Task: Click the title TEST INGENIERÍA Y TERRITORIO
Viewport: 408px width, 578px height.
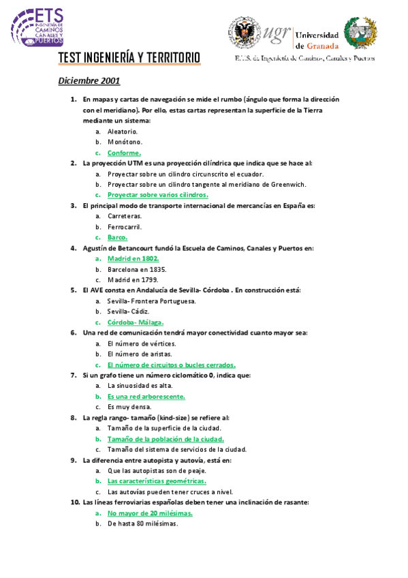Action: [x=129, y=59]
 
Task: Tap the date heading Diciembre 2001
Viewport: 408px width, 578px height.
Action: [x=89, y=81]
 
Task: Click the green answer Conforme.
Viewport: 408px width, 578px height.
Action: [x=124, y=153]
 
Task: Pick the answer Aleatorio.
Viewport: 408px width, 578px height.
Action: [x=123, y=132]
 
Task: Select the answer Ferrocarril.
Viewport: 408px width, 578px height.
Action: [x=125, y=226]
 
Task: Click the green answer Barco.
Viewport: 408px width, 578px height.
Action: [x=117, y=237]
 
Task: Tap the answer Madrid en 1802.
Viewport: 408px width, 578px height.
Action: [x=133, y=259]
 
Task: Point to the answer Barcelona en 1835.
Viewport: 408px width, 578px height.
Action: [x=137, y=269]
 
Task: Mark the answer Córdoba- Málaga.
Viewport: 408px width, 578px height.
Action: [x=136, y=322]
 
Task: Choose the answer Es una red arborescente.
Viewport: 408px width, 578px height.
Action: [x=146, y=396]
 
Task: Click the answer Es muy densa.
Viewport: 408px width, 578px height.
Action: [x=126, y=407]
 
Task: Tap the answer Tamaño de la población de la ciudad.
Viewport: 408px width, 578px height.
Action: [x=166, y=439]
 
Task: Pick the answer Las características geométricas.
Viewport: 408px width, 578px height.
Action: [x=157, y=481]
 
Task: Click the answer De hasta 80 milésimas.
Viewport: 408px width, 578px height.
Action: [x=142, y=523]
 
